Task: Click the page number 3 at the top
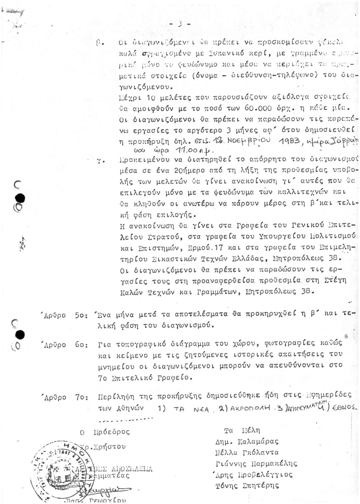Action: tap(180, 24)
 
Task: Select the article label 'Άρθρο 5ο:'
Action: tap(65, 315)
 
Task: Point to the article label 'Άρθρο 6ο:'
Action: tap(65, 345)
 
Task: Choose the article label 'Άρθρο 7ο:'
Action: tap(65, 398)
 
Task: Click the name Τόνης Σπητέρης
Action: tap(247, 486)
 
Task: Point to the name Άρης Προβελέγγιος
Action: tap(254, 475)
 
